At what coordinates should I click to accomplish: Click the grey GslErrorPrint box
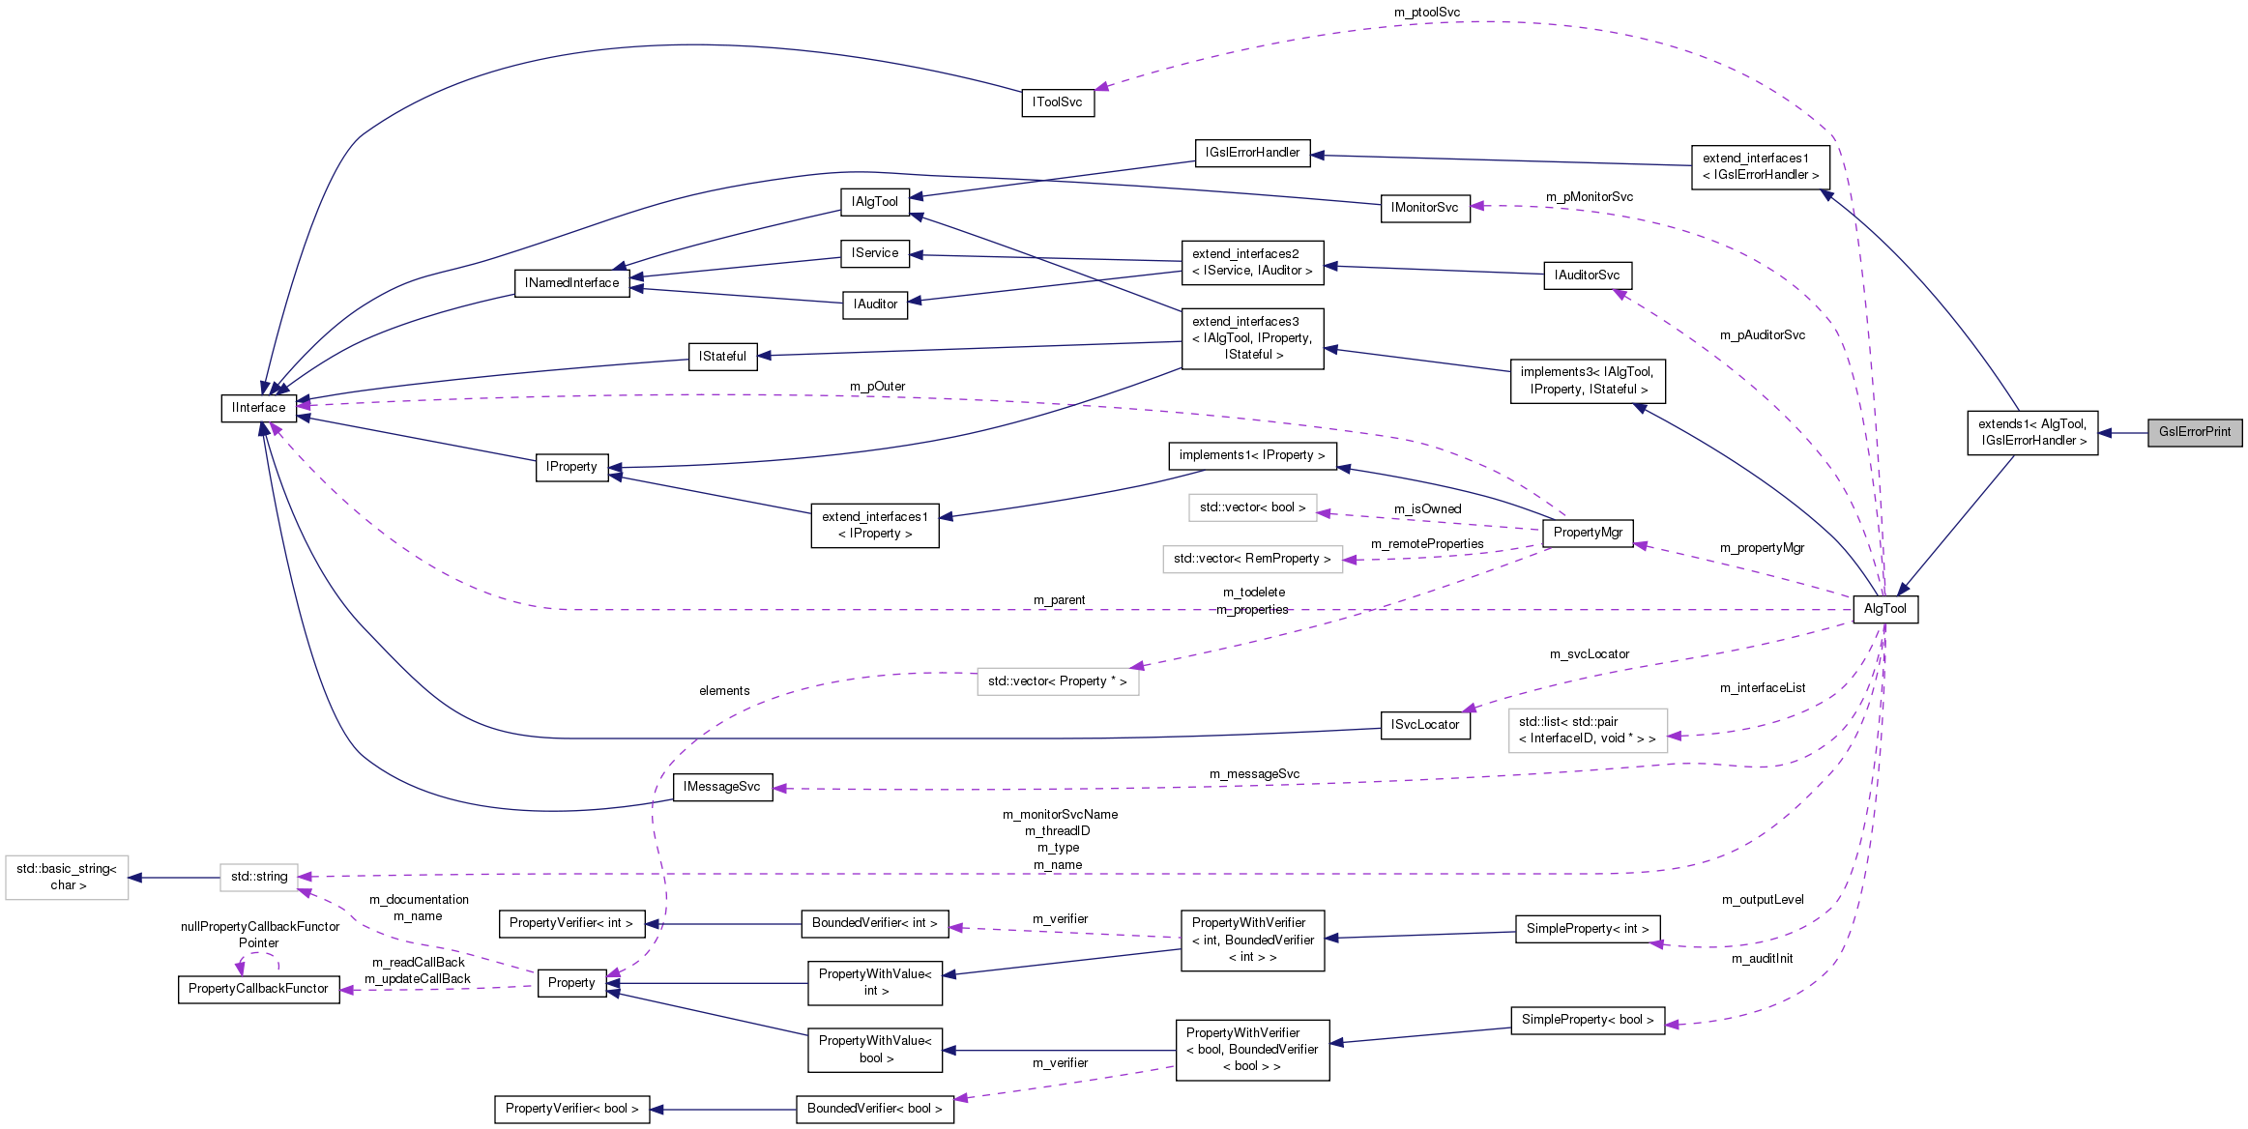click(2194, 432)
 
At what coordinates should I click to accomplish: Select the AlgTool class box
click(1884, 609)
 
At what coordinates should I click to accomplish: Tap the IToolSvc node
click(1057, 102)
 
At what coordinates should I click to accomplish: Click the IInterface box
click(258, 408)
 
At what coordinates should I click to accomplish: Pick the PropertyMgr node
click(1587, 533)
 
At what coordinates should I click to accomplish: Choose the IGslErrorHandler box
click(1252, 153)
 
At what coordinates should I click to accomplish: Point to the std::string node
click(258, 877)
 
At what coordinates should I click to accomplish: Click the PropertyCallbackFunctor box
click(258, 989)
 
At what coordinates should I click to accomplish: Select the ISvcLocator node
click(1424, 725)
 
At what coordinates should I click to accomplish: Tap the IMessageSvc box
click(721, 787)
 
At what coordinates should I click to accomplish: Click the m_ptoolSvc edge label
click(1426, 13)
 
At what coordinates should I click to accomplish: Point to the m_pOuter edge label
click(877, 387)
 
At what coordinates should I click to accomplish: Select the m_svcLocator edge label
click(1589, 654)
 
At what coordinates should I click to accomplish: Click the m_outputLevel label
click(1762, 900)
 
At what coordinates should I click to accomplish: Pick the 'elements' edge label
click(724, 691)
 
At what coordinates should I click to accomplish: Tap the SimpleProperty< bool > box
click(1587, 1020)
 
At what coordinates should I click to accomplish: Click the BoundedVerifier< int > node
click(874, 923)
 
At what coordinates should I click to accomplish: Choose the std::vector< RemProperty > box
click(1252, 559)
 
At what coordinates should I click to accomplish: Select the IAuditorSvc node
click(1587, 275)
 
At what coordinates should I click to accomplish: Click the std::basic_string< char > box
click(67, 877)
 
